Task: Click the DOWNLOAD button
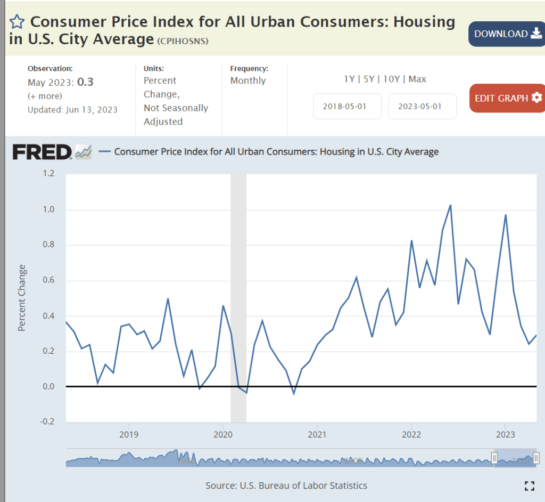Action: click(x=506, y=34)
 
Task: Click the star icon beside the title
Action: click(x=17, y=22)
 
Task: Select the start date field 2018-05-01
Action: click(x=347, y=106)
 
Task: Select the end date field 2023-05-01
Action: click(x=422, y=106)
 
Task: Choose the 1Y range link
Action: click(x=349, y=79)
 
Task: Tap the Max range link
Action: click(x=417, y=79)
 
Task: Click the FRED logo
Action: click(x=42, y=152)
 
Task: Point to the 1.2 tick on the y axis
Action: click(x=49, y=174)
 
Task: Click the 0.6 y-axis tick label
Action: click(x=49, y=280)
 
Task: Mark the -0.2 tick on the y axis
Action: click(x=48, y=422)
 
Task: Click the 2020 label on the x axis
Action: click(x=223, y=434)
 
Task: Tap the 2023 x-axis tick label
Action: click(x=505, y=434)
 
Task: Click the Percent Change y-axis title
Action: click(x=22, y=297)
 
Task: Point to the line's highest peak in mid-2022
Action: click(x=450, y=205)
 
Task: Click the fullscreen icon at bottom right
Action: click(x=529, y=485)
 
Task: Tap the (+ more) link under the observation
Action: click(x=45, y=96)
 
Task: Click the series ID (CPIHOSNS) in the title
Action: click(x=183, y=41)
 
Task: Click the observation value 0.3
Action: click(x=85, y=82)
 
